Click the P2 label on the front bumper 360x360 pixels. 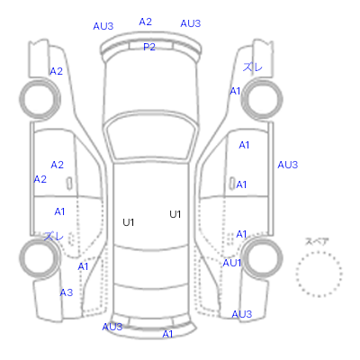click(x=149, y=47)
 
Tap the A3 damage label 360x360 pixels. click(x=67, y=292)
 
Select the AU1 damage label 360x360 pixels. click(x=232, y=263)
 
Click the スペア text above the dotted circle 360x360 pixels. click(x=317, y=241)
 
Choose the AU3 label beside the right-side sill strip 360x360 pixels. click(x=287, y=165)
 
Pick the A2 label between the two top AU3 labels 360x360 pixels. click(x=146, y=22)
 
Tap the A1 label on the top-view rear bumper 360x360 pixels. click(x=167, y=334)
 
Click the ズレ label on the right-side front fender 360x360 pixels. click(x=253, y=67)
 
